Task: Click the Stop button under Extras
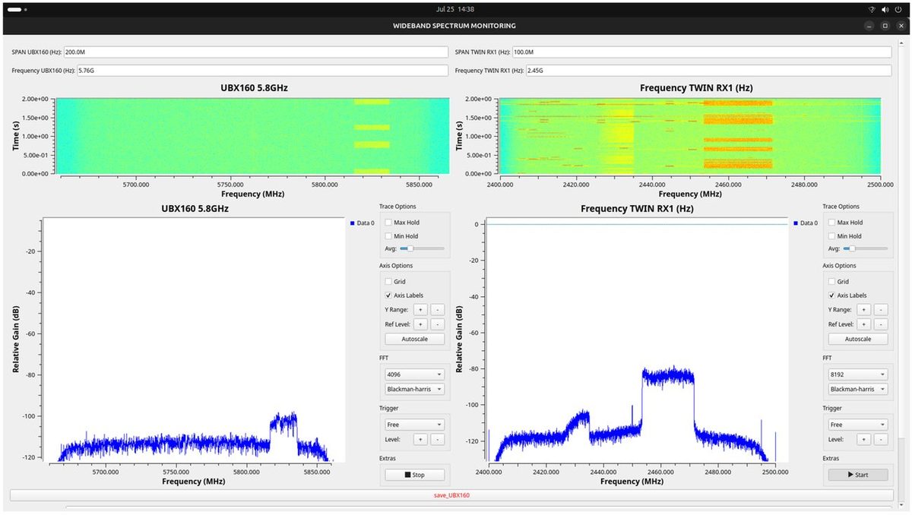coord(414,475)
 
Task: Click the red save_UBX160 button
coord(451,495)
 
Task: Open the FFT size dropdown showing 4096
coord(414,374)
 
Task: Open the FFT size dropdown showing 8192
coord(858,374)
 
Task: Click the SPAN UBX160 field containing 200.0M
coord(256,52)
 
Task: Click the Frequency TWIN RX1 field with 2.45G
coord(709,71)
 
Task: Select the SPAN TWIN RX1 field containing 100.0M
coord(702,52)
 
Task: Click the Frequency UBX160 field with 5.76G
coord(263,71)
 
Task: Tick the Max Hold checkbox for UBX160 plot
coord(388,223)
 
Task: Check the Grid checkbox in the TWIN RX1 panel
coord(831,282)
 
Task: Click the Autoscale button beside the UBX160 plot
coord(414,339)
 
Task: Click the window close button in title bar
coord(901,26)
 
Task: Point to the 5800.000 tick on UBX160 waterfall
coord(325,185)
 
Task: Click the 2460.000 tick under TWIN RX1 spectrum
coord(660,472)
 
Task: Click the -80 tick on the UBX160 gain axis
coord(30,375)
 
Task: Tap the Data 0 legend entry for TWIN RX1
coord(806,223)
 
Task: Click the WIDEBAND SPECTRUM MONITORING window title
coord(454,26)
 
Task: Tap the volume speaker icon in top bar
coord(885,9)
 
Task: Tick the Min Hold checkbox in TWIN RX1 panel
coord(831,236)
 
